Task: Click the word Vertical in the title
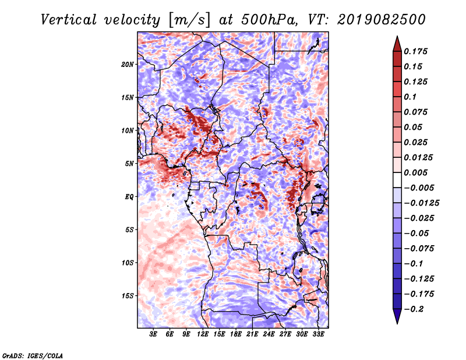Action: [69, 20]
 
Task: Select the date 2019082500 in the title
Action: [382, 20]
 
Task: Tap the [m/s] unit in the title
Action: [189, 20]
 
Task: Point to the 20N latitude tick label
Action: [128, 65]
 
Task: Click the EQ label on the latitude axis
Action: [129, 197]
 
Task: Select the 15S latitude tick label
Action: [128, 296]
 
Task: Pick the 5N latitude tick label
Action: [129, 164]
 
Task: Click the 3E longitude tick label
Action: [153, 334]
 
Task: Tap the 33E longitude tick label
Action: [318, 334]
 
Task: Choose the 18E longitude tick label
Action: [236, 334]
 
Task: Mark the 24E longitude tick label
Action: [269, 334]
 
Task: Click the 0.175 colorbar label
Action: [415, 51]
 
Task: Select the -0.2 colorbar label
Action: [414, 309]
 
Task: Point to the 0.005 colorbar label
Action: [415, 172]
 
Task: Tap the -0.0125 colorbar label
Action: [421, 203]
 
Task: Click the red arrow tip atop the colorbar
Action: [397, 36]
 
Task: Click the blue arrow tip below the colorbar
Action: [397, 323]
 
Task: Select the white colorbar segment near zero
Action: [397, 180]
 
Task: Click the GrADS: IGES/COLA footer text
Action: [33, 355]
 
